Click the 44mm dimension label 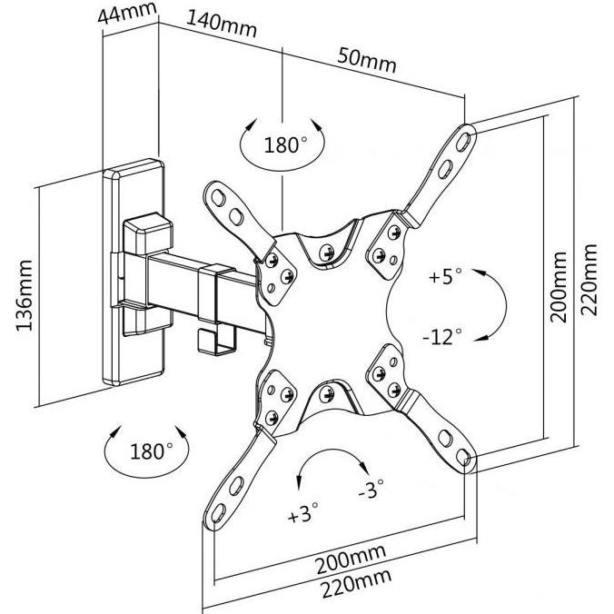click(x=127, y=14)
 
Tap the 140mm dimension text click(x=222, y=25)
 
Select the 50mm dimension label click(x=367, y=60)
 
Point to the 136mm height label click(x=25, y=295)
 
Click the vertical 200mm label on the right click(x=558, y=287)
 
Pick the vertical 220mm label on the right click(x=589, y=280)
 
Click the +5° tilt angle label click(x=445, y=276)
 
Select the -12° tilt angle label click(x=442, y=336)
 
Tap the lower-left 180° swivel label click(x=151, y=451)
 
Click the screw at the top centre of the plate click(x=326, y=253)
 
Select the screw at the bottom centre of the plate click(x=327, y=394)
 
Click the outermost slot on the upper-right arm click(x=463, y=142)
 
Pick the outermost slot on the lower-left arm click(x=219, y=513)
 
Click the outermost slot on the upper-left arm click(x=218, y=198)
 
